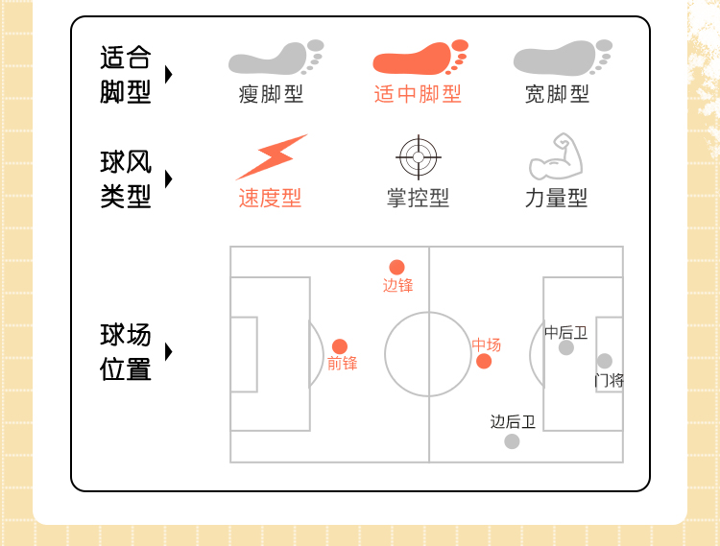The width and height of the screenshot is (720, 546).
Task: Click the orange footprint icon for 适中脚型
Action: pos(419,59)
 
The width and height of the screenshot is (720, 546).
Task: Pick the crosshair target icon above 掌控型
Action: pos(418,156)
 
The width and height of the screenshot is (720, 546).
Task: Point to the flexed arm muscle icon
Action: pos(557,157)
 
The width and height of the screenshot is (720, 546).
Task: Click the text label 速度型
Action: pos(270,199)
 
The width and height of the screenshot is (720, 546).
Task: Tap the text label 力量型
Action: pos(557,199)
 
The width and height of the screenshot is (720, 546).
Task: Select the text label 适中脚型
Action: pos(418,94)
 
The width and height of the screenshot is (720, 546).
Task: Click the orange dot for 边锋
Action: pos(396,267)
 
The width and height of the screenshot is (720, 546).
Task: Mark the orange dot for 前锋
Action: pos(340,346)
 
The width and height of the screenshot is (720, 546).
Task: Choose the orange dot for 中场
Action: pos(484,361)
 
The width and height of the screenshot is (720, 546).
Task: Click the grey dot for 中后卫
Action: pos(566,347)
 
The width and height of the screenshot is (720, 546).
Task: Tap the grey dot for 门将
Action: pos(604,361)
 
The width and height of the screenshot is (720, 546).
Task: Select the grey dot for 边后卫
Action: pos(512,441)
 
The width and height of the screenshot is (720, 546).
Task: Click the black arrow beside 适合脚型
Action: pos(169,75)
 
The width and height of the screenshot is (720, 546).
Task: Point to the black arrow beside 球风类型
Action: pos(169,179)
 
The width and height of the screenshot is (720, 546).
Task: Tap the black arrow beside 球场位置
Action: pos(169,351)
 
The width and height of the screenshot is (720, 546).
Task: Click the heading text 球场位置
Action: pos(126,351)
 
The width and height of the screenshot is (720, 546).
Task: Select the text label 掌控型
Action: pos(418,199)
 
